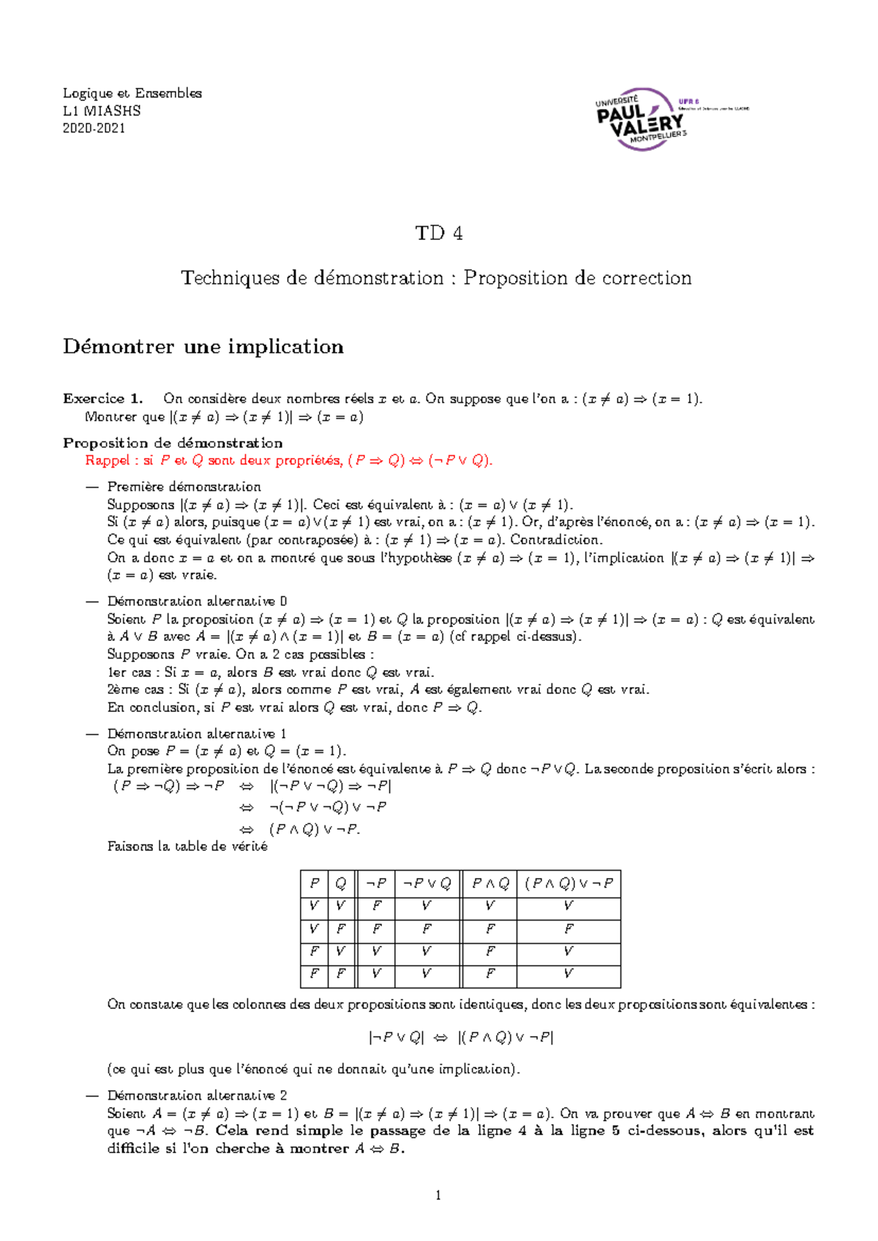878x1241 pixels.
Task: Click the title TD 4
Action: pyautogui.click(x=438, y=233)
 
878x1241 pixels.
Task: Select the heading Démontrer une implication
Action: pyautogui.click(x=203, y=346)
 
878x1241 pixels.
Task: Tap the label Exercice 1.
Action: pyautogui.click(x=102, y=399)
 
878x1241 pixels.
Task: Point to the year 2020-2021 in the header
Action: pyautogui.click(x=94, y=128)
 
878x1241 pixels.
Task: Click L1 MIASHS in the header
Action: pyautogui.click(x=102, y=110)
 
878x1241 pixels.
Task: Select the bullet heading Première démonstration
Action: pyautogui.click(x=184, y=487)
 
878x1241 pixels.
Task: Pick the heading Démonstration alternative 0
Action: pyautogui.click(x=197, y=601)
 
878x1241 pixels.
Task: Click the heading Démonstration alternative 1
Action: pyautogui.click(x=197, y=733)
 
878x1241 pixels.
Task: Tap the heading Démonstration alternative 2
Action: pyautogui.click(x=197, y=1095)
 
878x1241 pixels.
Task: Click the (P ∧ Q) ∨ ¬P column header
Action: pyautogui.click(x=569, y=883)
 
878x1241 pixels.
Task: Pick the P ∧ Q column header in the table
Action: pyautogui.click(x=489, y=883)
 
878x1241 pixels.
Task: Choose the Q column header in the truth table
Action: pyautogui.click(x=341, y=883)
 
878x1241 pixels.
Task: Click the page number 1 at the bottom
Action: pyautogui.click(x=438, y=1196)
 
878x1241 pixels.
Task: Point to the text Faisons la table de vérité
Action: pyautogui.click(x=187, y=847)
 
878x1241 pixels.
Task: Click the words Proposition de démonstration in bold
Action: pyautogui.click(x=173, y=443)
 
